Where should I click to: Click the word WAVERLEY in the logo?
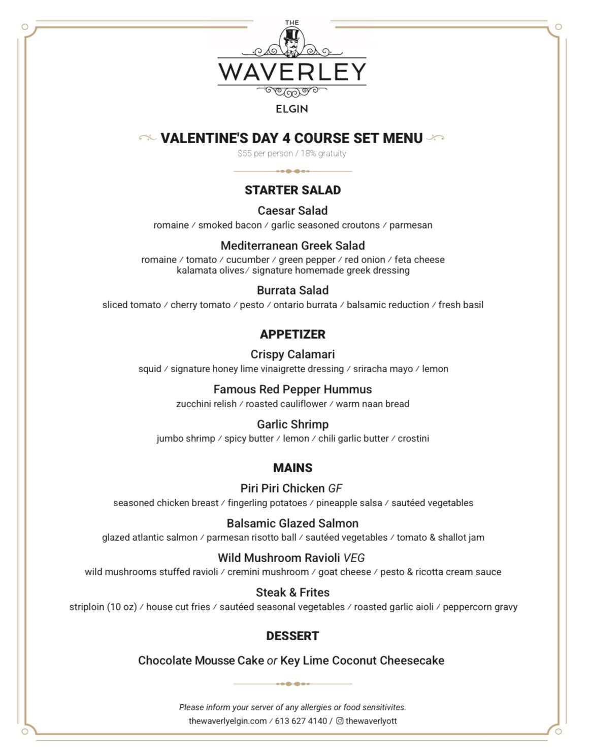click(292, 72)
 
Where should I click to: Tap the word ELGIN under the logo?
click(292, 109)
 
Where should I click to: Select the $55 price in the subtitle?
click(244, 153)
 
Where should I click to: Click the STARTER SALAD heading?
click(292, 190)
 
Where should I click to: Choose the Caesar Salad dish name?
click(292, 211)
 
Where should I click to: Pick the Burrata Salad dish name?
click(292, 290)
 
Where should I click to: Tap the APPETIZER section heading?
click(292, 335)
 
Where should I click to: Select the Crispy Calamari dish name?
click(292, 354)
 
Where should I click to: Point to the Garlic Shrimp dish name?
click(292, 424)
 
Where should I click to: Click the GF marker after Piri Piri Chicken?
click(335, 488)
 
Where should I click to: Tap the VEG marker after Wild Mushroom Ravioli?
click(354, 558)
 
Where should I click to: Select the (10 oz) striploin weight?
click(122, 607)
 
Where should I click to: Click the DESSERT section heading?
click(292, 636)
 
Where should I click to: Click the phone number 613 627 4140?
click(301, 721)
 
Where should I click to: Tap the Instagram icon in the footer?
click(340, 721)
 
